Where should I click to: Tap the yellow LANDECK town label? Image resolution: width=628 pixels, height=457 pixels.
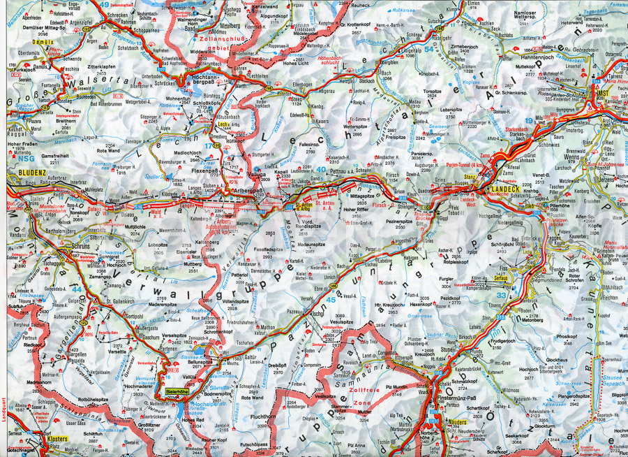coord(507,189)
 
